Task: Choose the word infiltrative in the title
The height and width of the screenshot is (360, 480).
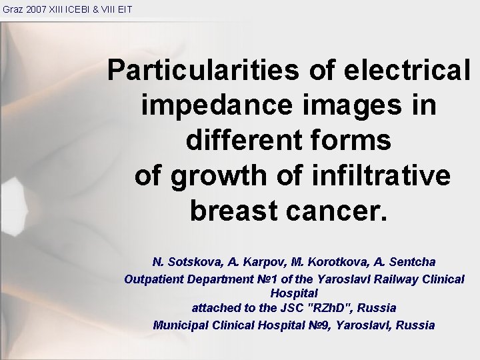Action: point(381,175)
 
